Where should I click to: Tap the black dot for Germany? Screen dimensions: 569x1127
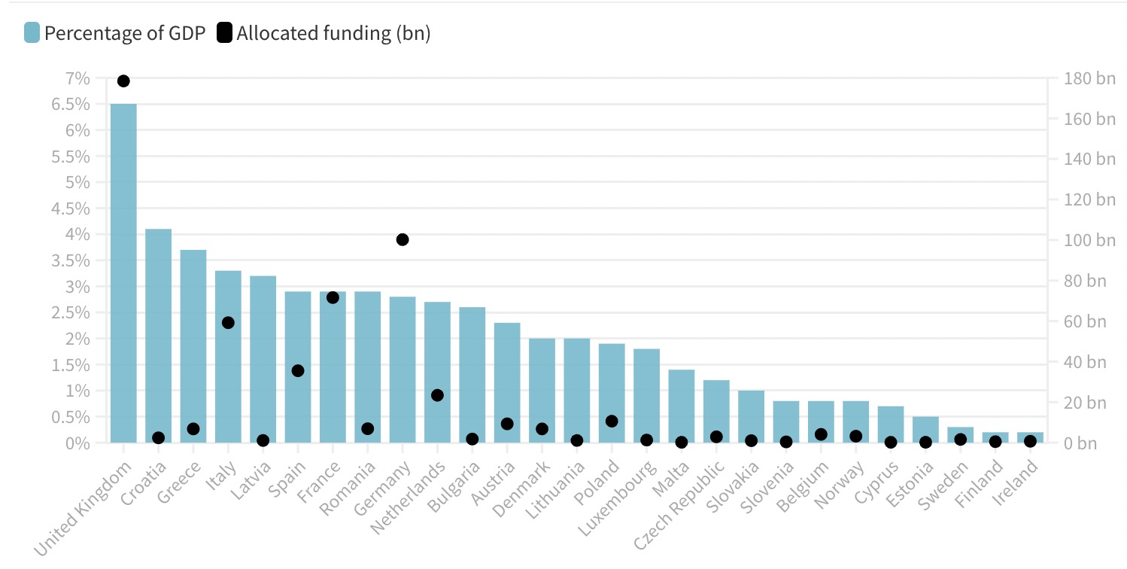tap(402, 239)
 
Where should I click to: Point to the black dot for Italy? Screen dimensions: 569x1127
tap(228, 323)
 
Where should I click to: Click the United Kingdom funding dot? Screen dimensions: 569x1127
tap(123, 81)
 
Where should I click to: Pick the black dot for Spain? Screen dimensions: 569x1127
tap(298, 370)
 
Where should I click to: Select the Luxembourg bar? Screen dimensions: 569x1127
tap(646, 396)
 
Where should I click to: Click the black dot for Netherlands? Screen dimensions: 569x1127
tap(437, 395)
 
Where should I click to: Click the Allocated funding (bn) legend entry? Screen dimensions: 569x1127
tap(324, 33)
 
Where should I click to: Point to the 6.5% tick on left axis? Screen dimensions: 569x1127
tap(71, 104)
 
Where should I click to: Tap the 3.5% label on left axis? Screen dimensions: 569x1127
tap(71, 260)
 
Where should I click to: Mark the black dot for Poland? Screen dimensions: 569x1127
tap(612, 421)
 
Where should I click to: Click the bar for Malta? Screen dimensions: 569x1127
tap(681, 406)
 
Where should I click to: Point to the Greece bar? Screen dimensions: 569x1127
tap(193, 346)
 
